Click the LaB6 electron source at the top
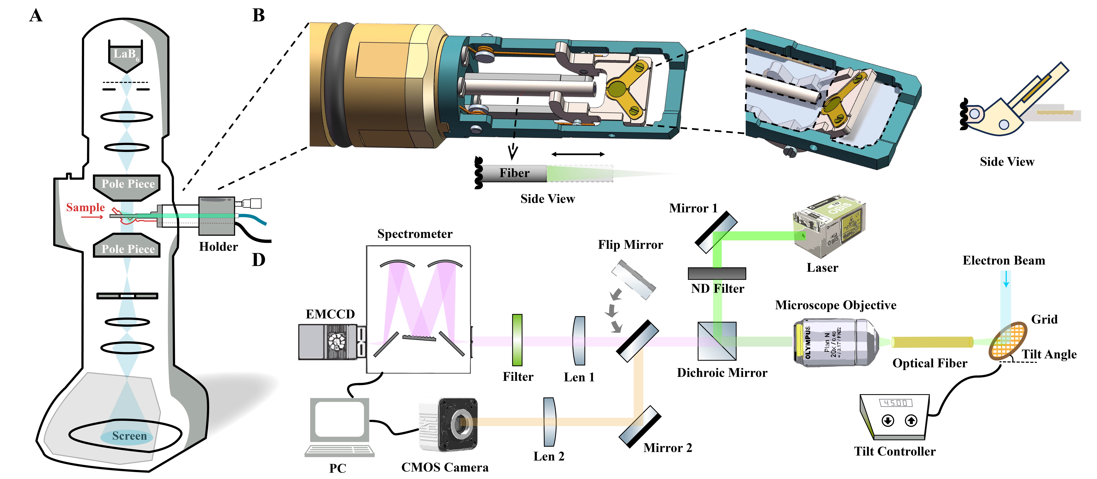pyautogui.click(x=125, y=55)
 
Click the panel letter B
pyautogui.click(x=258, y=16)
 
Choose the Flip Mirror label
pyautogui.click(x=630, y=245)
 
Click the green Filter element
pyautogui.click(x=517, y=340)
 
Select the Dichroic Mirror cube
pyautogui.click(x=717, y=341)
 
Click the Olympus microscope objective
pyautogui.click(x=835, y=342)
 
